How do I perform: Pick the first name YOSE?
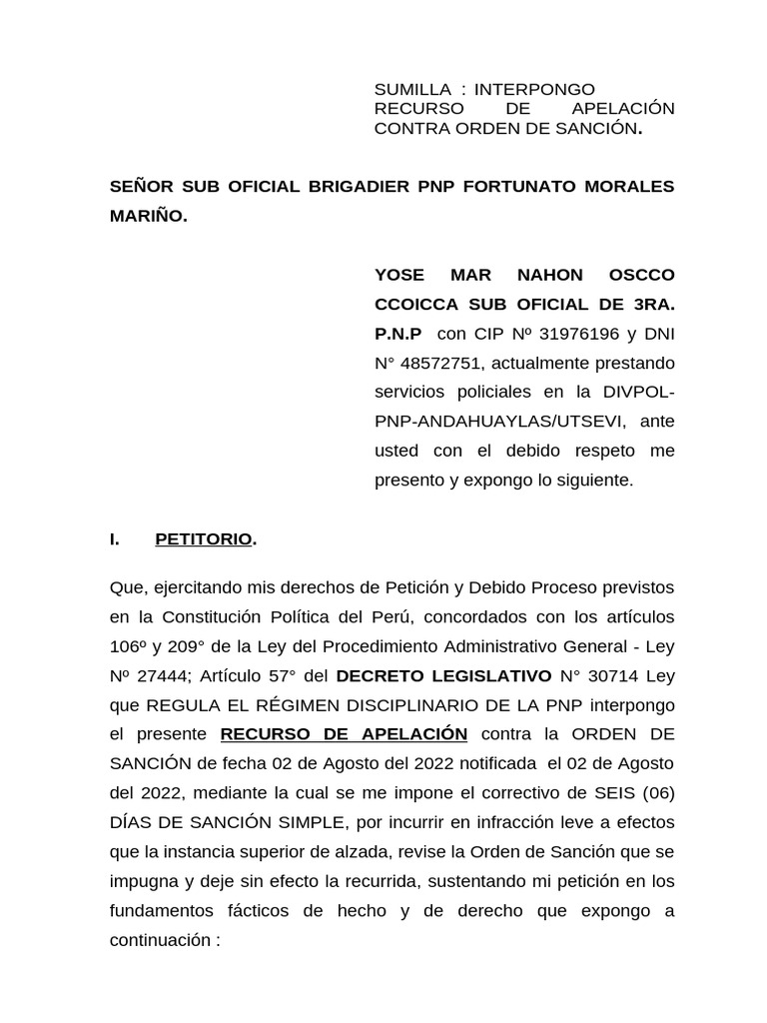click(x=398, y=275)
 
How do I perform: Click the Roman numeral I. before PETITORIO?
click(x=115, y=539)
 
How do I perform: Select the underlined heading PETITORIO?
click(x=204, y=539)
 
